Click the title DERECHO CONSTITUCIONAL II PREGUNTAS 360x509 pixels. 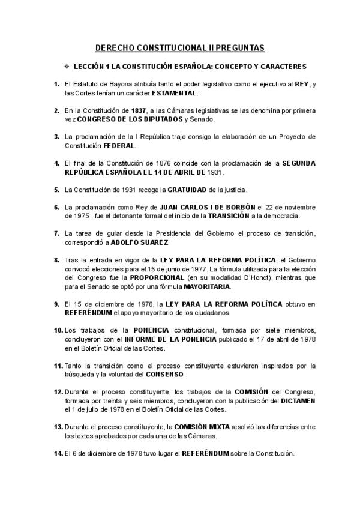coord(180,47)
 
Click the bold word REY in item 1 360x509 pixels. coord(301,85)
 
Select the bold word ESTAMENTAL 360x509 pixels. coord(174,94)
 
